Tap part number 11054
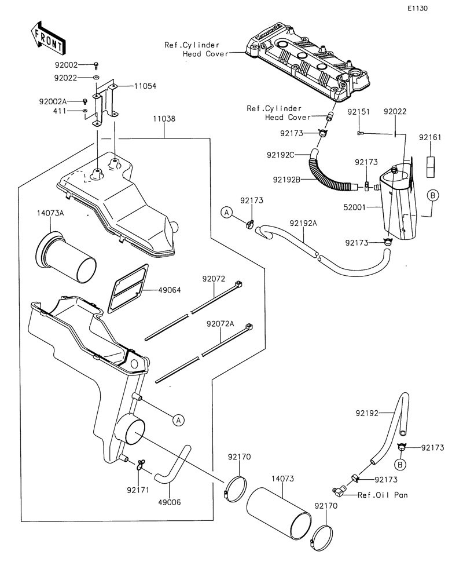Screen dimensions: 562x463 [x=145, y=86]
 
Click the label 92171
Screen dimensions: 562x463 [x=138, y=490]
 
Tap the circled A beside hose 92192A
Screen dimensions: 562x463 [x=227, y=213]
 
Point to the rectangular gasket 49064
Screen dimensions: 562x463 [x=128, y=287]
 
